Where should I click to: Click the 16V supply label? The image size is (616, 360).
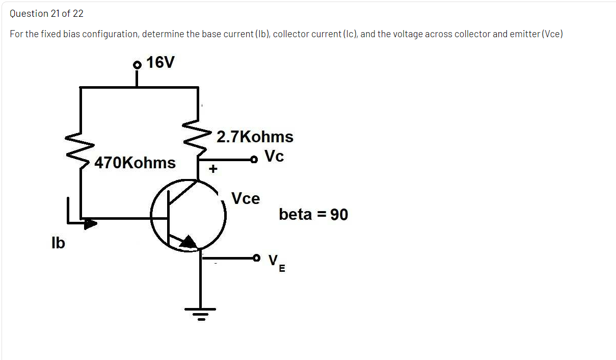pos(160,62)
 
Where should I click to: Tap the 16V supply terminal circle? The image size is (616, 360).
pos(136,65)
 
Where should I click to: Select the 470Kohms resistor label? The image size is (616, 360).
pos(135,163)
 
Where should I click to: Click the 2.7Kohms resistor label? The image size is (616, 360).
pos(255,137)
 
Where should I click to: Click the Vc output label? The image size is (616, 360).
pos(274,157)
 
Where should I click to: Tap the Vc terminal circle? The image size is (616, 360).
pos(253,160)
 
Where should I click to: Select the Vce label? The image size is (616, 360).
pos(246,198)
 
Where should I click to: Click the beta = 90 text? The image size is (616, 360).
pos(313,215)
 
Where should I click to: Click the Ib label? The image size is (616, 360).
pos(58,243)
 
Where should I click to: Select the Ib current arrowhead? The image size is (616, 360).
pos(90,223)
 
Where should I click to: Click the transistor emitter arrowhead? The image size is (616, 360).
pos(188,242)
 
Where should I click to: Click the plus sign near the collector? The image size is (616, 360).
pos(213,168)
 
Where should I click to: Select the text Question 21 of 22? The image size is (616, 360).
pos(47,14)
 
